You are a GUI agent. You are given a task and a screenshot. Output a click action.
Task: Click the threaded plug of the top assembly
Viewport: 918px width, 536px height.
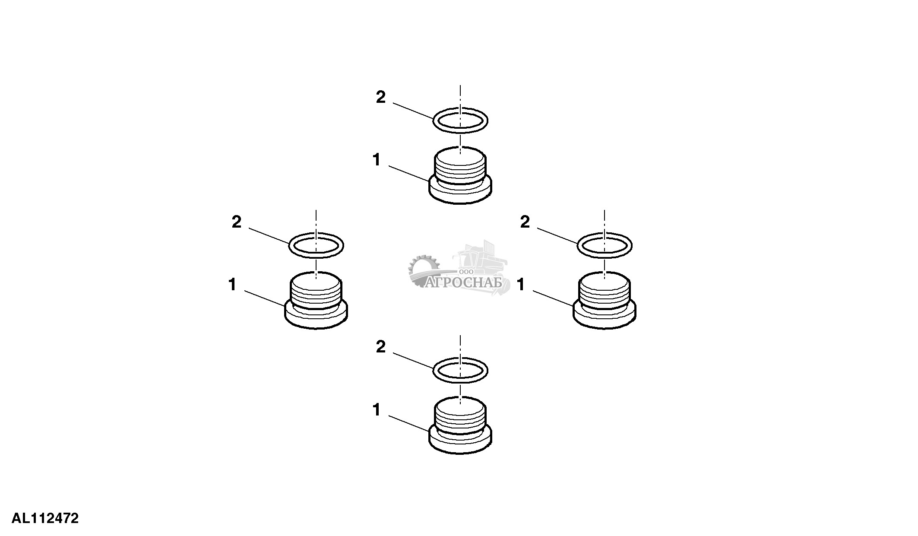click(x=460, y=177)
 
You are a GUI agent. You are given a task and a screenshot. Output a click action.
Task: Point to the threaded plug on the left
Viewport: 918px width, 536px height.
click(x=316, y=302)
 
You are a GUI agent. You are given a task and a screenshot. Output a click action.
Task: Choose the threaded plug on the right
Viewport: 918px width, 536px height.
click(x=604, y=302)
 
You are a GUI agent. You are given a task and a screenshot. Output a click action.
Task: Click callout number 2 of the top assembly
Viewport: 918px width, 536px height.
click(x=380, y=98)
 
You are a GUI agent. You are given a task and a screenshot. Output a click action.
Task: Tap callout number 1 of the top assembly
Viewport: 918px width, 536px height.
click(x=377, y=160)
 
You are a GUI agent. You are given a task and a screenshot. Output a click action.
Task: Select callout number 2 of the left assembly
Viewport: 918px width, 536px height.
click(x=236, y=222)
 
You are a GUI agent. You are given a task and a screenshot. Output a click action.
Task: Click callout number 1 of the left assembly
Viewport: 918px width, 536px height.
click(x=232, y=285)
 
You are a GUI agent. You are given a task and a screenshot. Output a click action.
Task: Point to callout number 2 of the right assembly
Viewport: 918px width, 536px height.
click(x=525, y=222)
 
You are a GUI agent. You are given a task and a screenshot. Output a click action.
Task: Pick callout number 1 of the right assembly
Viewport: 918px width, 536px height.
click(x=521, y=285)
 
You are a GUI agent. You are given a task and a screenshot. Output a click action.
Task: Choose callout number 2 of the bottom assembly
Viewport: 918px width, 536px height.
click(x=380, y=347)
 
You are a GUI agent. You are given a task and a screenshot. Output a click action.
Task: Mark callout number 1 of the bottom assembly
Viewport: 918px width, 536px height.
click(x=377, y=410)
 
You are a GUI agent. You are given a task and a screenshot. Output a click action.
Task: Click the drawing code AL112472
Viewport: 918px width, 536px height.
click(x=45, y=518)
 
